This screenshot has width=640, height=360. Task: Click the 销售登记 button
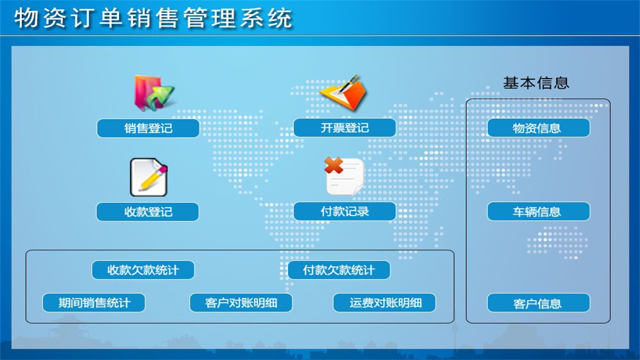coord(148,128)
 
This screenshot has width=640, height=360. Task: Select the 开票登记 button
coord(344,128)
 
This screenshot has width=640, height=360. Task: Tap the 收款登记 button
coord(147,212)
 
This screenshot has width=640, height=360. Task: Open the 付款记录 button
coord(344,211)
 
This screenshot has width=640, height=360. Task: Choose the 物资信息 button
coord(538,128)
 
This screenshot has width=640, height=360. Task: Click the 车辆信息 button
coord(538,211)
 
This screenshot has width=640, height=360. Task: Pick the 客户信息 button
coord(538,303)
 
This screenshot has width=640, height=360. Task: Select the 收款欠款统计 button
coord(143,270)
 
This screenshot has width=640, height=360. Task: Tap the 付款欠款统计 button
coord(339,270)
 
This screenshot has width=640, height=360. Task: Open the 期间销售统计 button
coord(94,303)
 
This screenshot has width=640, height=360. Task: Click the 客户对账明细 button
coord(241,303)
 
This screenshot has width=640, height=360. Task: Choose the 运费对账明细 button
coord(384,303)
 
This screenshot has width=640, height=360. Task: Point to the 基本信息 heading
coord(536,83)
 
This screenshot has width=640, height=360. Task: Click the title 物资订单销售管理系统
coord(153,19)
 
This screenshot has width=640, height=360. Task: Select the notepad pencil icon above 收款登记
coord(148,177)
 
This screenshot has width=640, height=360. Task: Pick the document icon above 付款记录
coord(345,176)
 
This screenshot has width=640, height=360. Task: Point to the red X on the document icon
coord(333,165)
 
